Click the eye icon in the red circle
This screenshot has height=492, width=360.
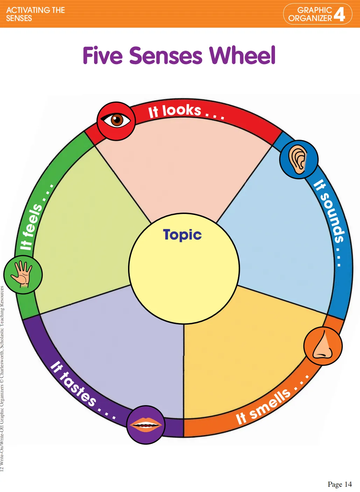(x=116, y=121)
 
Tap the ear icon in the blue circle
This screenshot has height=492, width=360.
(x=298, y=160)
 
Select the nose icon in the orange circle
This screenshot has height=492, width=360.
(x=323, y=346)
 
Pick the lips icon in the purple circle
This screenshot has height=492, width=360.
(x=145, y=425)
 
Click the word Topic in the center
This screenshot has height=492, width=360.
(x=182, y=235)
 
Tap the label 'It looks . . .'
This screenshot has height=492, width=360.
(x=186, y=112)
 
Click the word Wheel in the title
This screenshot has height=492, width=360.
(x=242, y=56)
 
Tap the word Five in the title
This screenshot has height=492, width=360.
(x=103, y=56)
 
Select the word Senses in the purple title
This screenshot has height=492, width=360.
(x=166, y=56)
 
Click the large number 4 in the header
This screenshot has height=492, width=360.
(x=339, y=14)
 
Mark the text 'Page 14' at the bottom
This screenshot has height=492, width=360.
(x=339, y=484)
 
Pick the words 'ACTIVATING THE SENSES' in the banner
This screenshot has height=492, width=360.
(x=35, y=14)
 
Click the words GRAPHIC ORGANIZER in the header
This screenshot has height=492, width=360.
(x=310, y=14)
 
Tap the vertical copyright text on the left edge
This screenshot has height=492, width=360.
(x=2, y=378)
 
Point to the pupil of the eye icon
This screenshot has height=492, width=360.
(x=117, y=120)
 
